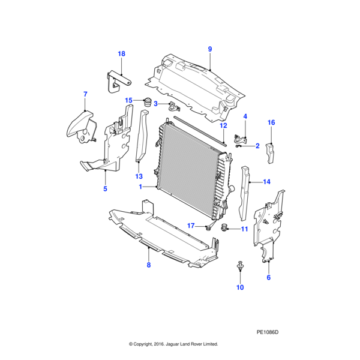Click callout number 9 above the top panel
(x=210, y=49)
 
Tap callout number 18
(x=121, y=54)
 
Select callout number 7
(x=85, y=94)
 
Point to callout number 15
(x=128, y=100)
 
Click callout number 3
(x=155, y=104)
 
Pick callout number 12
(x=223, y=126)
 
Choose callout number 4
(x=245, y=116)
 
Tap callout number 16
(x=271, y=123)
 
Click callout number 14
(x=266, y=181)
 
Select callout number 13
(x=139, y=176)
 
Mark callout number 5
(x=105, y=189)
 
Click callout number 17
(x=191, y=226)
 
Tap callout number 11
(x=244, y=229)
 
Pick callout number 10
(x=240, y=288)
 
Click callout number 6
(x=268, y=278)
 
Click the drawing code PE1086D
(x=268, y=331)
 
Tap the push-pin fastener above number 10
(x=240, y=265)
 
